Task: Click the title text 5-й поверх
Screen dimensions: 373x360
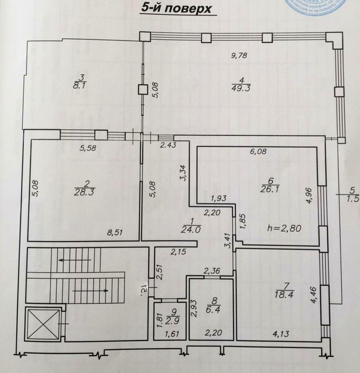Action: pyautogui.click(x=176, y=8)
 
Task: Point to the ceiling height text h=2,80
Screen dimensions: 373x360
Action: pyautogui.click(x=284, y=228)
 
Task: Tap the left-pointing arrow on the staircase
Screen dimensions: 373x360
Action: pyautogui.click(x=75, y=260)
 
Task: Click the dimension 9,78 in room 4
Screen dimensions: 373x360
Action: pyautogui.click(x=239, y=56)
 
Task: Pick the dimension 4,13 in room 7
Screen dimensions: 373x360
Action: pyautogui.click(x=280, y=334)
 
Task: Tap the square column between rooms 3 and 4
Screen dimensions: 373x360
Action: pyautogui.click(x=143, y=90)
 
